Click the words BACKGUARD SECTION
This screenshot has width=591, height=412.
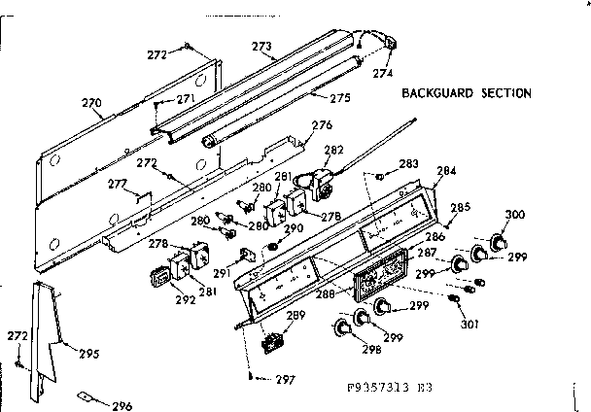pos(467,93)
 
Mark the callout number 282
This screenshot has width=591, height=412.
pos(333,151)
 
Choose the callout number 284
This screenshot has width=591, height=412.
pos(446,171)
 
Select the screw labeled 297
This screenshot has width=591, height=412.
pos(252,375)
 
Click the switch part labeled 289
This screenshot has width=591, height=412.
pos(274,343)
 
